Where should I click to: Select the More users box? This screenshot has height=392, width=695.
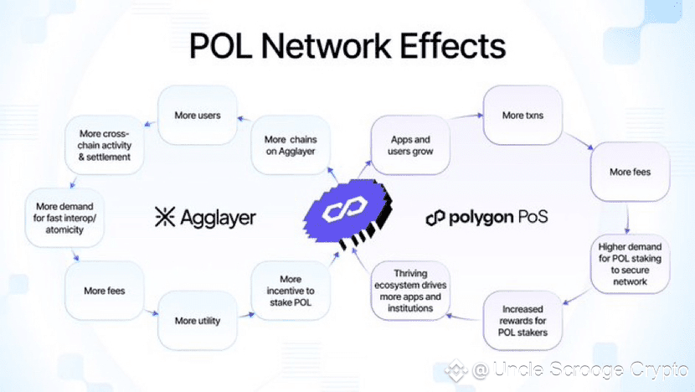198,115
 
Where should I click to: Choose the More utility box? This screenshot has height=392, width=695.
198,321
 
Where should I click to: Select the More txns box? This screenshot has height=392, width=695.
523,115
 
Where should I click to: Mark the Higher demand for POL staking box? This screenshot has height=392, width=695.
629,264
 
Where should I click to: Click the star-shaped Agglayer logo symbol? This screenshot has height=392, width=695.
164,218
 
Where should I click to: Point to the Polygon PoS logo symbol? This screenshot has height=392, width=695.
435,218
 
